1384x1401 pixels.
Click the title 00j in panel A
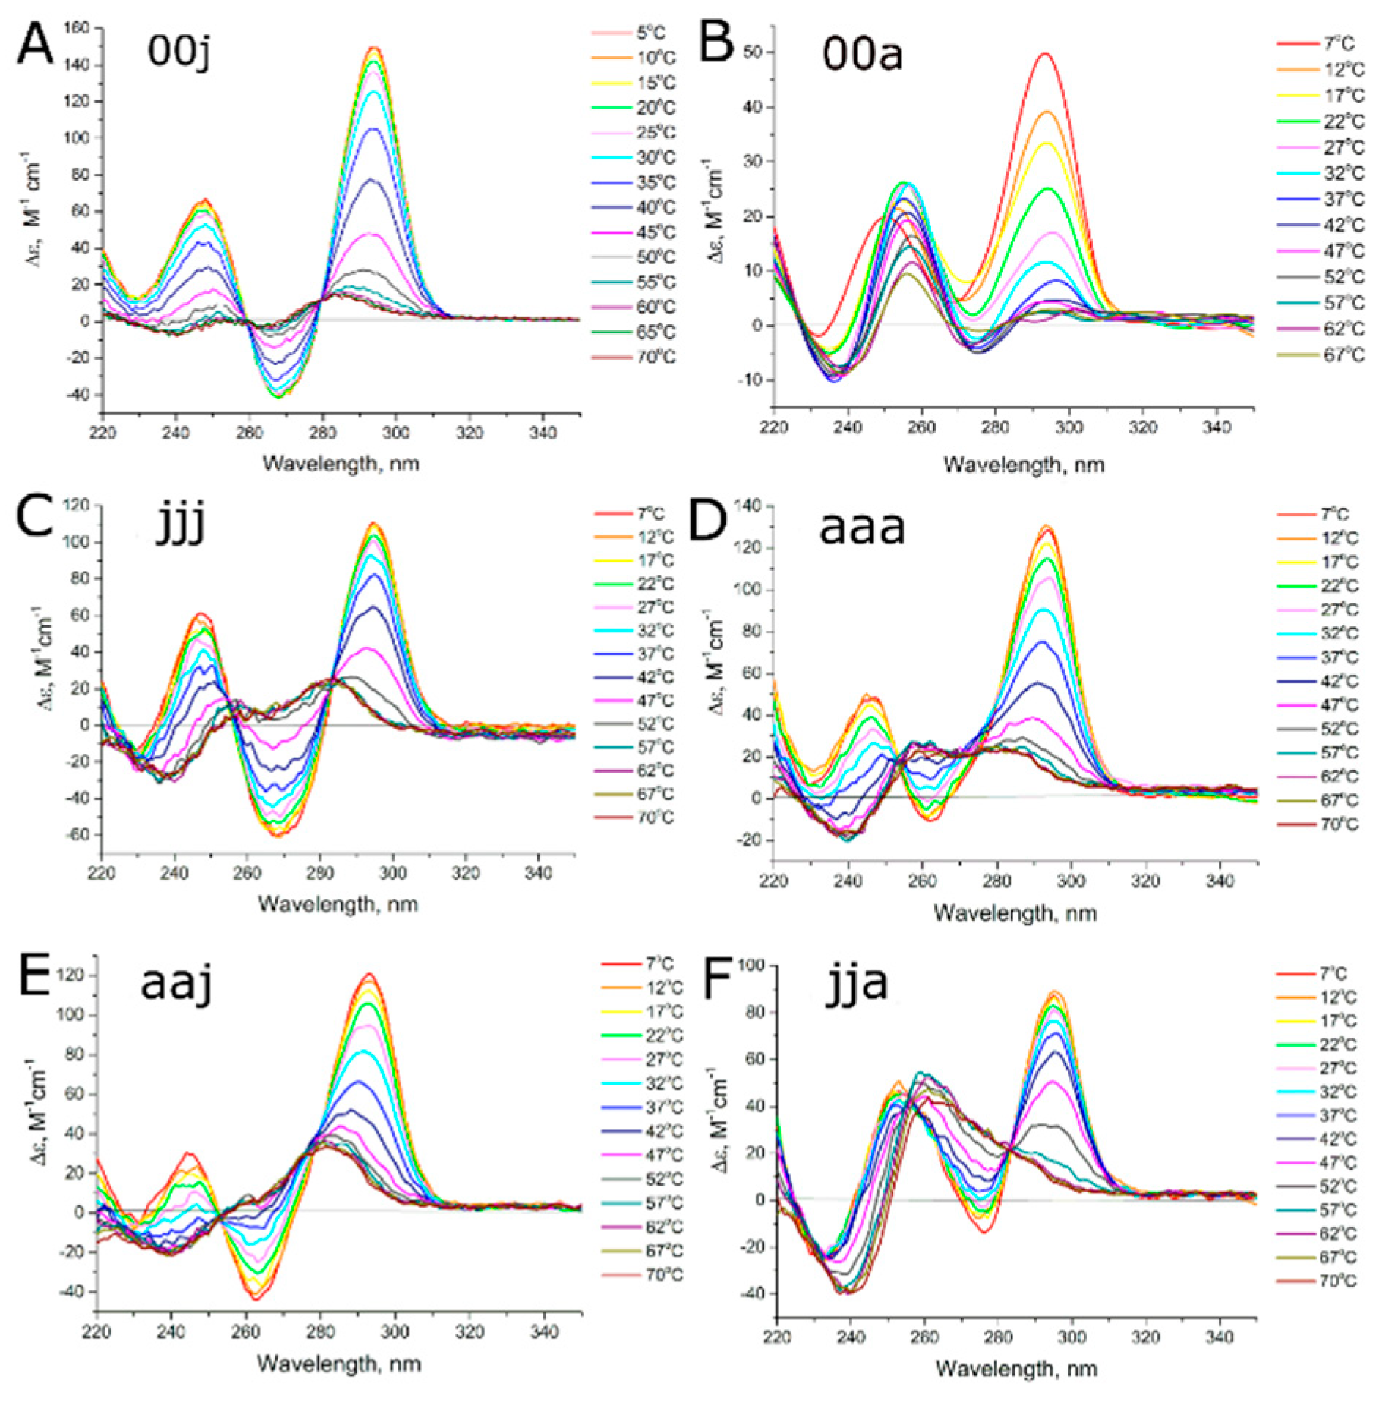pos(179,51)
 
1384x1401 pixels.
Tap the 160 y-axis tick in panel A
pos(76,28)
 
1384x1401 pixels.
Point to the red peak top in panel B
pos(1045,53)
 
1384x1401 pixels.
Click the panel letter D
pos(707,519)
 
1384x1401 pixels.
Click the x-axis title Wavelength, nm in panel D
pos(1015,913)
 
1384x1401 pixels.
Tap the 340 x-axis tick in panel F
pos(1219,1337)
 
